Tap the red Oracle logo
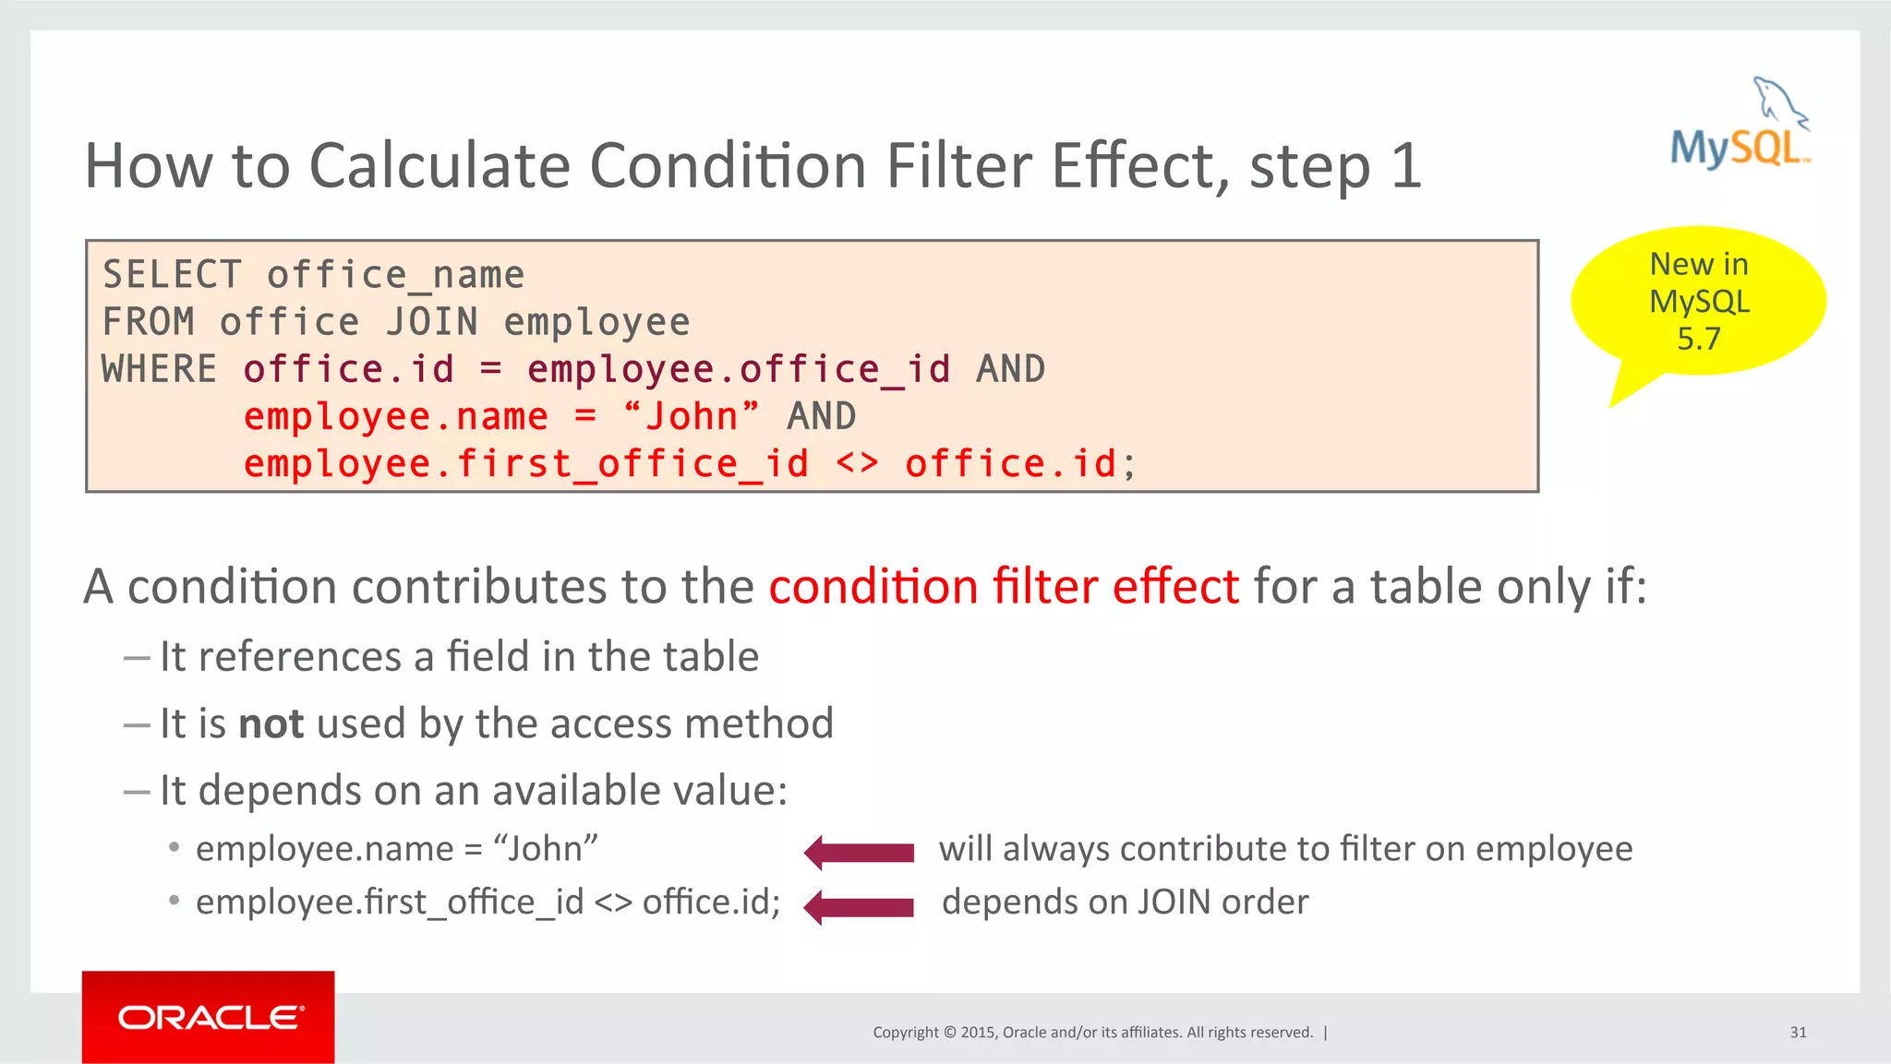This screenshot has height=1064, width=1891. [x=209, y=1017]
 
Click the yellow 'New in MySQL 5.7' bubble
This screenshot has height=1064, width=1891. [x=1699, y=302]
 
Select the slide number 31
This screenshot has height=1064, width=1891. [x=1798, y=1033]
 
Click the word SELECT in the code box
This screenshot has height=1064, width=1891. [x=172, y=275]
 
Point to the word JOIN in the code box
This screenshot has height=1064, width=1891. [x=432, y=322]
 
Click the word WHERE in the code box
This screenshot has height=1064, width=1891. [x=159, y=369]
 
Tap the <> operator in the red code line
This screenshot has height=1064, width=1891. [x=857, y=463]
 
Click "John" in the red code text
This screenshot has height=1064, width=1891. [x=692, y=416]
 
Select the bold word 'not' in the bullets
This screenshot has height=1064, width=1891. [x=271, y=723]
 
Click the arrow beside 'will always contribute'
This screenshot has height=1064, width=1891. [x=859, y=852]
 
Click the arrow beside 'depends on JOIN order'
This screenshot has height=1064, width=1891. [x=859, y=906]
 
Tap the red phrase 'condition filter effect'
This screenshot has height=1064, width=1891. [x=1003, y=587]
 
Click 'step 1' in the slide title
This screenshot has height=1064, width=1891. [x=1334, y=166]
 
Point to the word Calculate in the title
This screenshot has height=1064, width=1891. [x=440, y=166]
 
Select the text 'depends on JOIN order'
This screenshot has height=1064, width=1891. [x=1125, y=902]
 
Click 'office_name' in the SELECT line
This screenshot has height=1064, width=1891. [x=395, y=275]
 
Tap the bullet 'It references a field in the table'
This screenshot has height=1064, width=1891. [x=459, y=657]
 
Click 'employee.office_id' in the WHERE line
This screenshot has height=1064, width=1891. [x=739, y=369]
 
